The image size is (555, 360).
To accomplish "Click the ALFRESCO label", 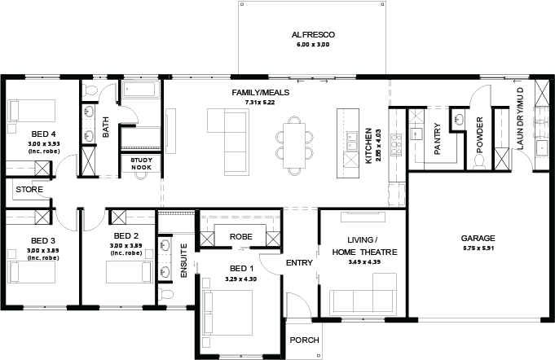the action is [313, 35].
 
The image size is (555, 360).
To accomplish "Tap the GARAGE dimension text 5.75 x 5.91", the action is [478, 248].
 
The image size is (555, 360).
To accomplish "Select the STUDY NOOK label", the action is [141, 164].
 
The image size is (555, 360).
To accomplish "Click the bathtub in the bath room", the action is [140, 89].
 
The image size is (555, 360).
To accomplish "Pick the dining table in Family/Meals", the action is [293, 145].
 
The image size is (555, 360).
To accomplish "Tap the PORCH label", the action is [305, 340].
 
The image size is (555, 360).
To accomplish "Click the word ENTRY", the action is [299, 263].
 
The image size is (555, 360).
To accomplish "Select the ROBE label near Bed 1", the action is [240, 236].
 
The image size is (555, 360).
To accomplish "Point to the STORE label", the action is [29, 190].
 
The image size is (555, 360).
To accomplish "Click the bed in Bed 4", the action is [32, 111].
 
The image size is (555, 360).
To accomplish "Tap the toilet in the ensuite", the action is [165, 294].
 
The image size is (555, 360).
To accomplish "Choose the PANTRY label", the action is [438, 138].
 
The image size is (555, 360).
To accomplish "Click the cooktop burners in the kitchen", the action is [396, 145].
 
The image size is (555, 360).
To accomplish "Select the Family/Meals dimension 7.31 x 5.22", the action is [260, 103].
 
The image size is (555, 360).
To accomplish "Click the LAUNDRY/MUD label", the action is [520, 118].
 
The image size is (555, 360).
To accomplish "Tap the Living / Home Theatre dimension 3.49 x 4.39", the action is [364, 262].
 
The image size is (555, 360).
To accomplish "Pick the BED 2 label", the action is [126, 236].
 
